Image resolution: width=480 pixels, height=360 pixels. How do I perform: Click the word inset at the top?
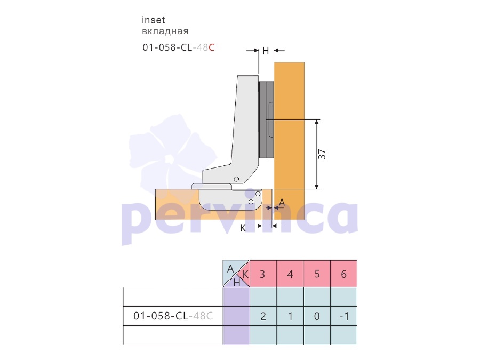pyautogui.click(x=154, y=20)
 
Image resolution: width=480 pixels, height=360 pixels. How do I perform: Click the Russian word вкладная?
pyautogui.click(x=165, y=31)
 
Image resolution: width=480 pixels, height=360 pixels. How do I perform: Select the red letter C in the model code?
pyautogui.click(x=212, y=47)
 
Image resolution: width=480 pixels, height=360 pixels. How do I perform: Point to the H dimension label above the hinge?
pyautogui.click(x=266, y=51)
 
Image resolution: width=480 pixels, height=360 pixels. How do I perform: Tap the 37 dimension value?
pyautogui.click(x=322, y=154)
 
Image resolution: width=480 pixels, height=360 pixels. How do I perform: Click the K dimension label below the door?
pyautogui.click(x=243, y=228)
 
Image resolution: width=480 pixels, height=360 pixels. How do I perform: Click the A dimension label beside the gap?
pyautogui.click(x=282, y=202)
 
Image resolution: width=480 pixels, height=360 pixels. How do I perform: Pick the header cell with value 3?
pyautogui.click(x=263, y=274)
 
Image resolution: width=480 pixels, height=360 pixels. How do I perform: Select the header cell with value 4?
pyautogui.click(x=290, y=274)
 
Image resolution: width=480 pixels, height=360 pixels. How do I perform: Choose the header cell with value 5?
pyautogui.click(x=317, y=274)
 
